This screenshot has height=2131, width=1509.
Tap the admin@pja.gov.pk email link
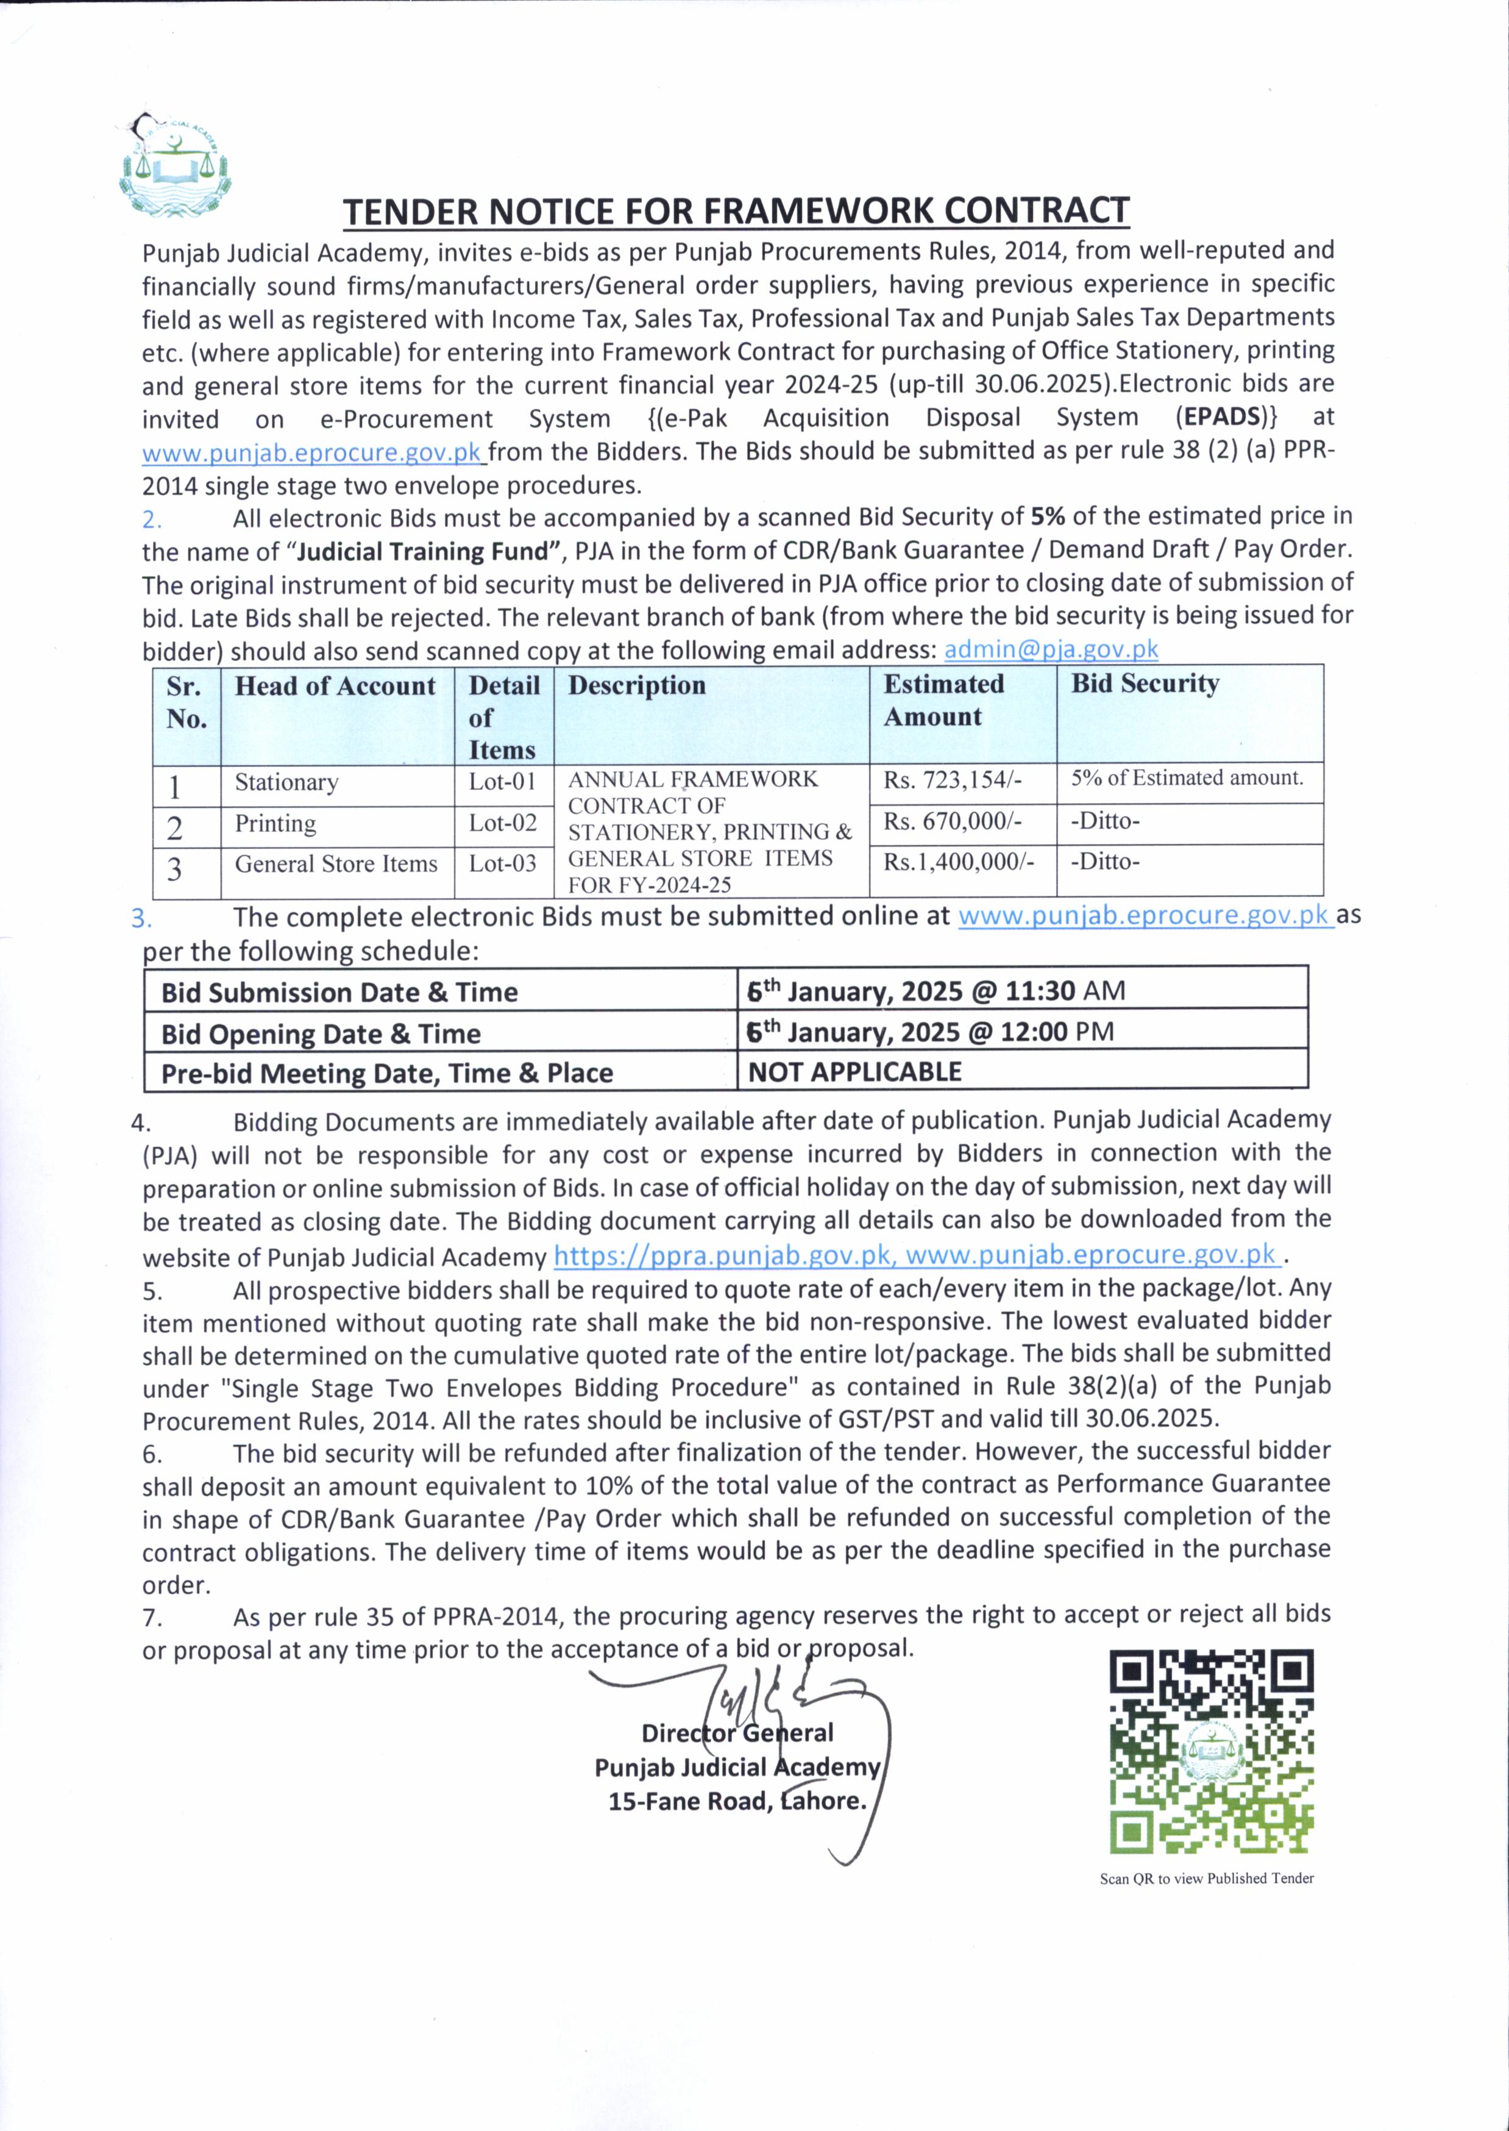click(x=1051, y=649)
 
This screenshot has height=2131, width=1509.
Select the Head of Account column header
click(x=335, y=686)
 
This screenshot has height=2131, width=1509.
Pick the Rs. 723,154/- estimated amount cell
click(x=953, y=780)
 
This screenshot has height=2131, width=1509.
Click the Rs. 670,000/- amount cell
click(x=953, y=821)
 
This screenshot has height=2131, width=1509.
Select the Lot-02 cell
click(x=503, y=823)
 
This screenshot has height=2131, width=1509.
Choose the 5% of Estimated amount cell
click(x=1187, y=778)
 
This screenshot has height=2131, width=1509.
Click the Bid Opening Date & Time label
click(x=321, y=1033)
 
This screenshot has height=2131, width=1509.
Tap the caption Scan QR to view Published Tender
click(x=1206, y=1878)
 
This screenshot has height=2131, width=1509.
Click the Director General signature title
click(x=737, y=1733)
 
